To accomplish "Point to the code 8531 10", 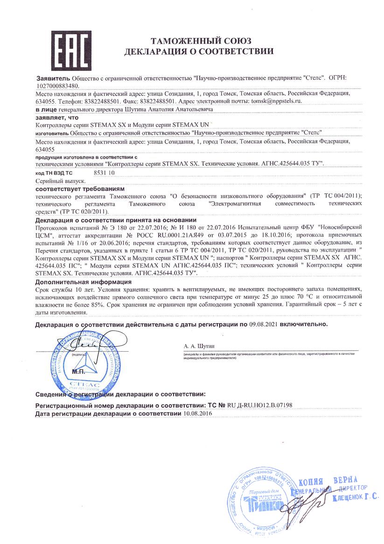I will (x=104, y=173).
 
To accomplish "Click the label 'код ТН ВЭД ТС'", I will (x=54, y=173).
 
